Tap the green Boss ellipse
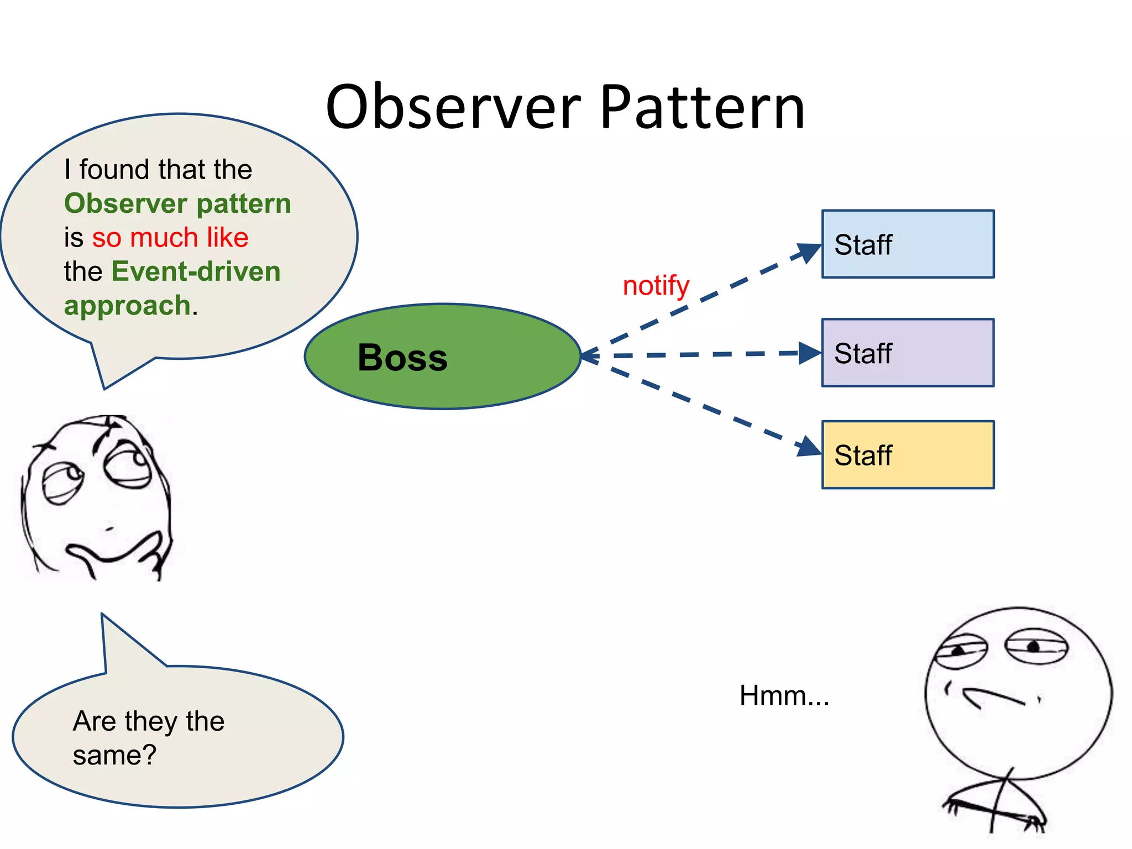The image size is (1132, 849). (x=442, y=357)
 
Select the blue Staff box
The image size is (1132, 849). (x=908, y=244)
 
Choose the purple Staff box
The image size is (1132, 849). (x=908, y=353)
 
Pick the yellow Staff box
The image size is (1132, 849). (x=908, y=455)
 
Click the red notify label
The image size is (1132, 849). (x=656, y=286)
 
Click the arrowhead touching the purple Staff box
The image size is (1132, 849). (x=809, y=353)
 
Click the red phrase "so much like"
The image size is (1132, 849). (x=170, y=238)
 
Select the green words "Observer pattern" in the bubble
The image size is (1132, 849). (x=177, y=203)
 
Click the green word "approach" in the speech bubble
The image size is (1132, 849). (x=127, y=306)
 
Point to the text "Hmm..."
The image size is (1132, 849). (x=784, y=695)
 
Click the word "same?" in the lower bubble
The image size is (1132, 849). (x=114, y=755)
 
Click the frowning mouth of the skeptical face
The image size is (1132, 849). (x=992, y=698)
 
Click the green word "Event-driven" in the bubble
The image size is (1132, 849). (x=196, y=272)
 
